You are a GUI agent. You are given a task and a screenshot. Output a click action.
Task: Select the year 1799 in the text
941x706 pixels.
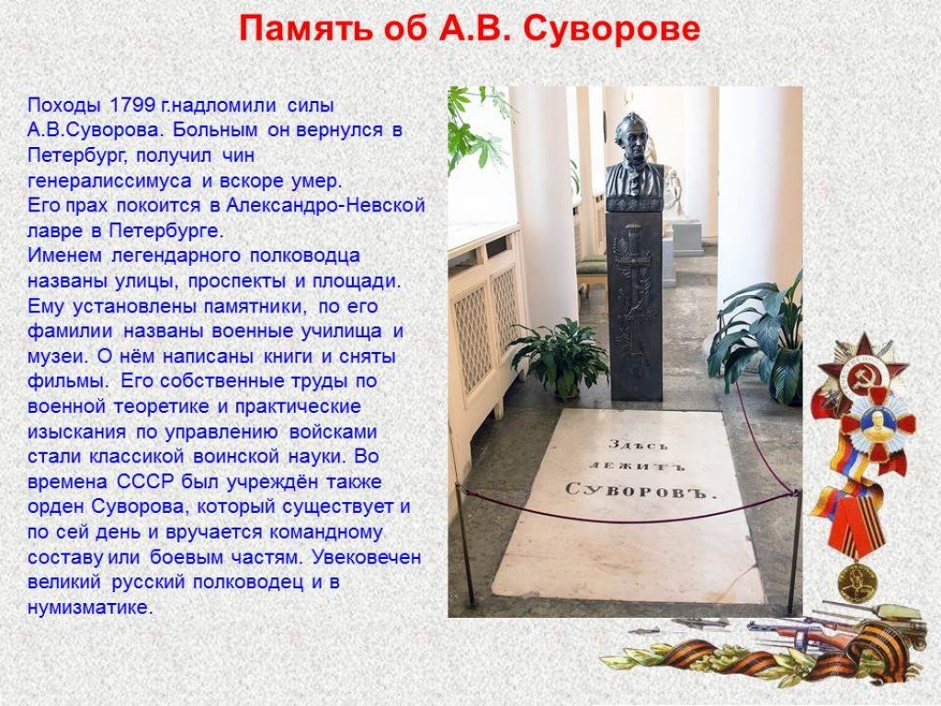[x=131, y=105]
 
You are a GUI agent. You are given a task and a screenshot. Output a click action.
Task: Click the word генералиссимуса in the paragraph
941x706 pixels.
[x=109, y=181]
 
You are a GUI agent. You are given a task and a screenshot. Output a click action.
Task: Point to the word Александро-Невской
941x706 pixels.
[x=324, y=205]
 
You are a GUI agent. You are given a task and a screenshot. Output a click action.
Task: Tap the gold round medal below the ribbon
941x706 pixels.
[x=857, y=582]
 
